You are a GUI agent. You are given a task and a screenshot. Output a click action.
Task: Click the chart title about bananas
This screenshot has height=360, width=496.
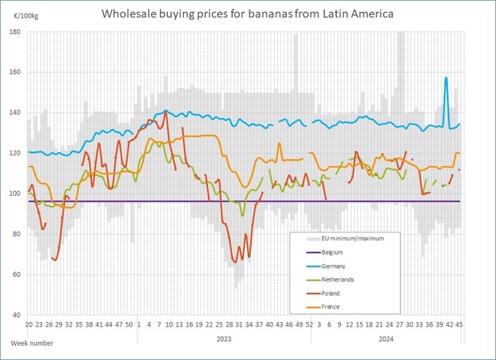pyautogui.click(x=247, y=13)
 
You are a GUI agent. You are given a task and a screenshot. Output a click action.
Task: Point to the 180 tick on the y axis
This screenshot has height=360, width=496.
pyautogui.click(x=14, y=32)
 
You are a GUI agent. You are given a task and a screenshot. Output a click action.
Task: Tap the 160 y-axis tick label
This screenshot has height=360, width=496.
pyautogui.click(x=14, y=72)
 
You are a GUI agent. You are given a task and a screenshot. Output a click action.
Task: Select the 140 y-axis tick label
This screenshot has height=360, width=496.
pyautogui.click(x=14, y=113)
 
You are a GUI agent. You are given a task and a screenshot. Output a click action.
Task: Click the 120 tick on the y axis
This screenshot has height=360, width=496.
pyautogui.click(x=14, y=153)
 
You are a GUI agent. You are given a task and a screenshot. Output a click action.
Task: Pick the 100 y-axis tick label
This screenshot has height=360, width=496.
pyautogui.click(x=14, y=193)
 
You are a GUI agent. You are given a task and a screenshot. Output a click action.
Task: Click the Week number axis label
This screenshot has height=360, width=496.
pyautogui.click(x=32, y=342)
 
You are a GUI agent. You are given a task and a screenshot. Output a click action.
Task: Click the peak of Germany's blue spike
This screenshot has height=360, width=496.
pyautogui.click(x=447, y=78)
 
